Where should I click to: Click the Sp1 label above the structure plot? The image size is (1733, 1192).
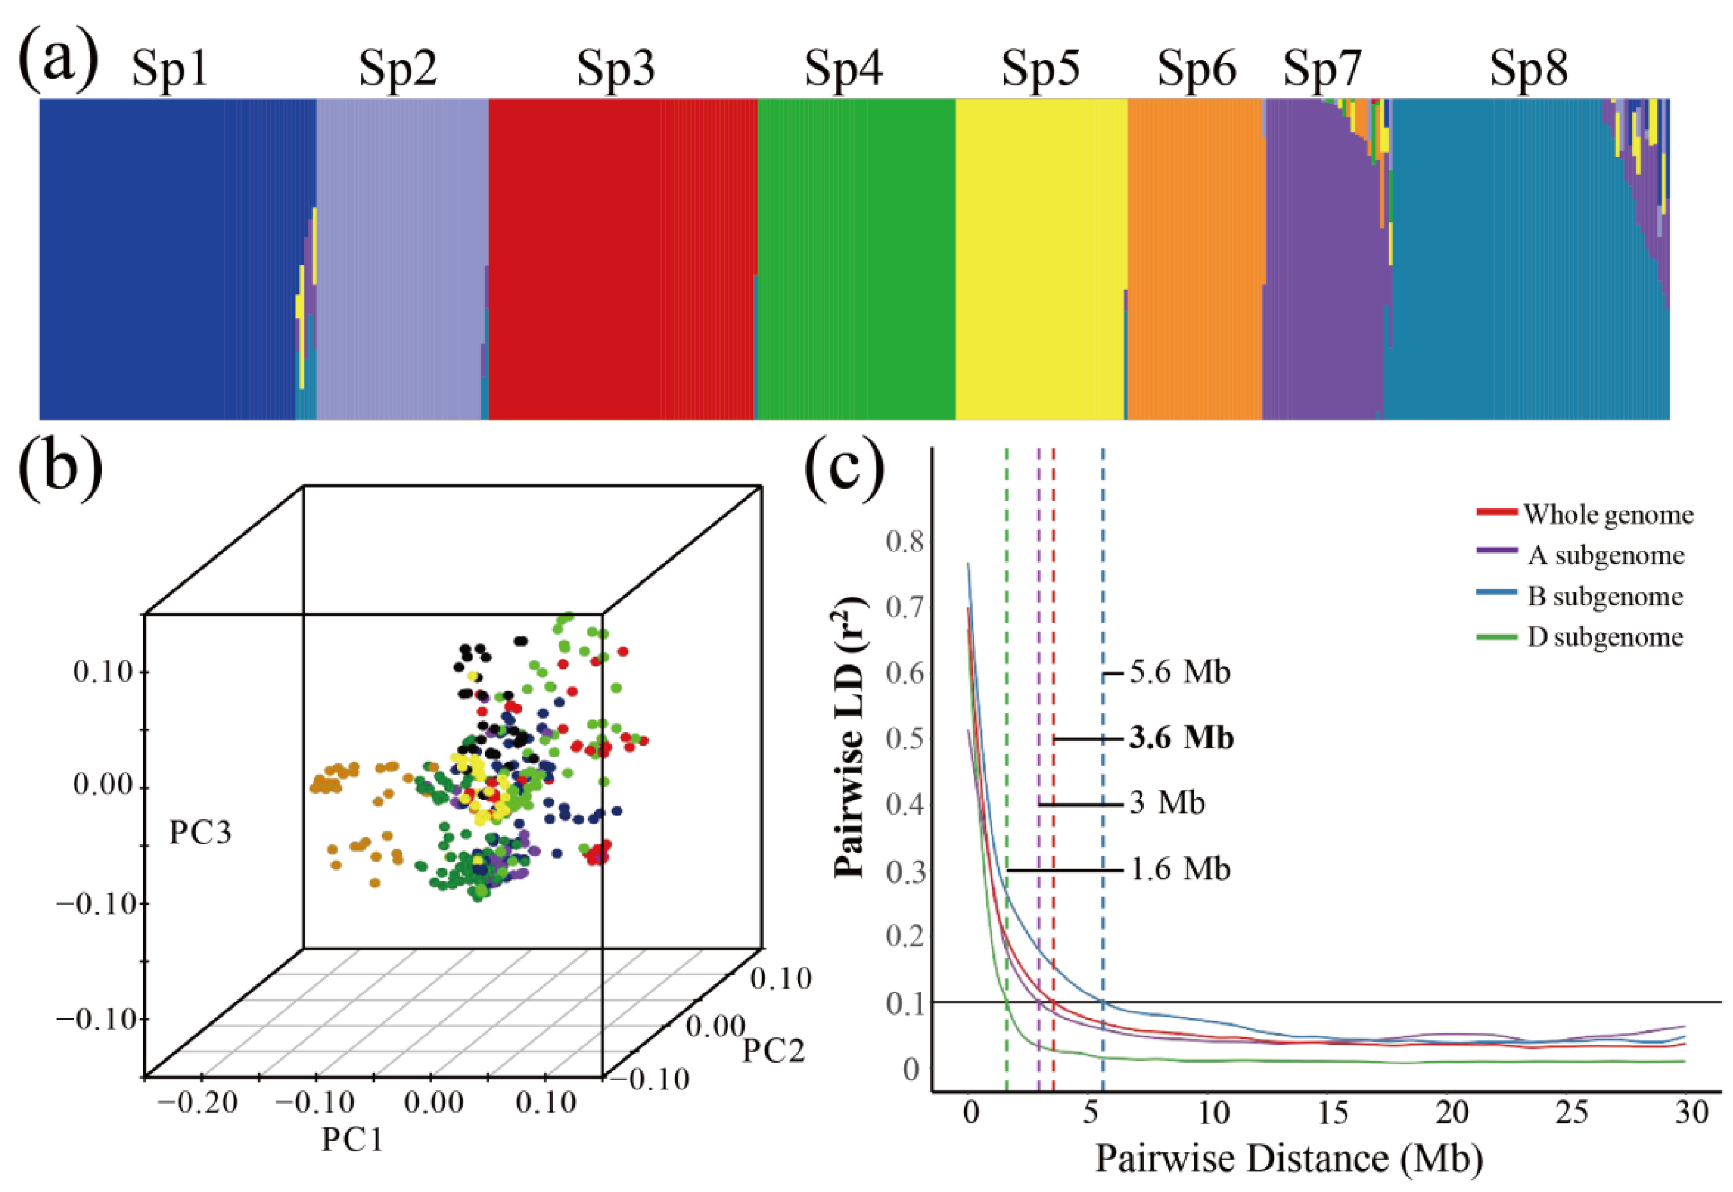click(170, 71)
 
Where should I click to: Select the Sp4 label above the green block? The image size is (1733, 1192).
click(843, 69)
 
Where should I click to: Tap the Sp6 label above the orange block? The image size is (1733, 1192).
click(1197, 69)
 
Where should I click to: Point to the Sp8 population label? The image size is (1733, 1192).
click(1528, 69)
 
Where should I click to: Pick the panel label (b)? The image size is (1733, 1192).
click(60, 470)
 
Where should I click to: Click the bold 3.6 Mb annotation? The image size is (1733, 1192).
click(1181, 738)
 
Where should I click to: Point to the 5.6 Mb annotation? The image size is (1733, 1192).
click(1179, 672)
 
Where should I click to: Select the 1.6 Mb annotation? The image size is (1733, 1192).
click(1179, 869)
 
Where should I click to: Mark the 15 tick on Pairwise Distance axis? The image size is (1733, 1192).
click(1333, 1112)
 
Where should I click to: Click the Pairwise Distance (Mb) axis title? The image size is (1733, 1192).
click(1289, 1159)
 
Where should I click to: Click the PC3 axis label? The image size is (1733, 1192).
click(200, 833)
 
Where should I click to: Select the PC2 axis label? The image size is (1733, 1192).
click(773, 1050)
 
